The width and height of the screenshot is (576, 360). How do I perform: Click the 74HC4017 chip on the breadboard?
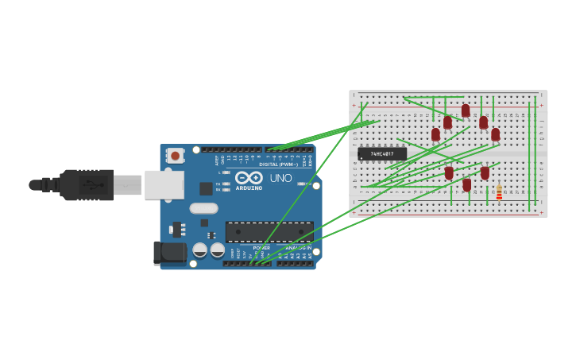381,153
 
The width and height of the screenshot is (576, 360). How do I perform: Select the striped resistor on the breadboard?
499,193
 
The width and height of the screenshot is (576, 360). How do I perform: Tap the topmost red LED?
466,110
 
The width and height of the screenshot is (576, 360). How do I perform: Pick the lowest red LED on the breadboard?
467,184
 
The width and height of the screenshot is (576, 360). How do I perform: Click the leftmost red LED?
435,134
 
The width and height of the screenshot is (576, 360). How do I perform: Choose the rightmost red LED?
496,134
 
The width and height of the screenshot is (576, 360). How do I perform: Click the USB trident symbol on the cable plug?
93,185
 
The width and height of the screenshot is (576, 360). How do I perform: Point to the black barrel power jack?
169,253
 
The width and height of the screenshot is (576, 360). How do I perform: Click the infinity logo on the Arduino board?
248,178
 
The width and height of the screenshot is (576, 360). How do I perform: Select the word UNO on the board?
280,178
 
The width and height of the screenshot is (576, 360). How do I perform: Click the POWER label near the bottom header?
261,247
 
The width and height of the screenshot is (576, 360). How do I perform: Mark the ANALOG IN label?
299,247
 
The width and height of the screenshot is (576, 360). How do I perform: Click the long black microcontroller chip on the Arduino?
269,232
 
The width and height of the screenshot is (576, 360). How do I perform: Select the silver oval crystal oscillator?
203,208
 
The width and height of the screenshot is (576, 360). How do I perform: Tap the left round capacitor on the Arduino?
200,250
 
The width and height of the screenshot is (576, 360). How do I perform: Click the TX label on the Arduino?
218,184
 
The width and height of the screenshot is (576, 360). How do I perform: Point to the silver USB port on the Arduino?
164,184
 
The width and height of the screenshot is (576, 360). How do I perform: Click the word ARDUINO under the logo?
249,188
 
